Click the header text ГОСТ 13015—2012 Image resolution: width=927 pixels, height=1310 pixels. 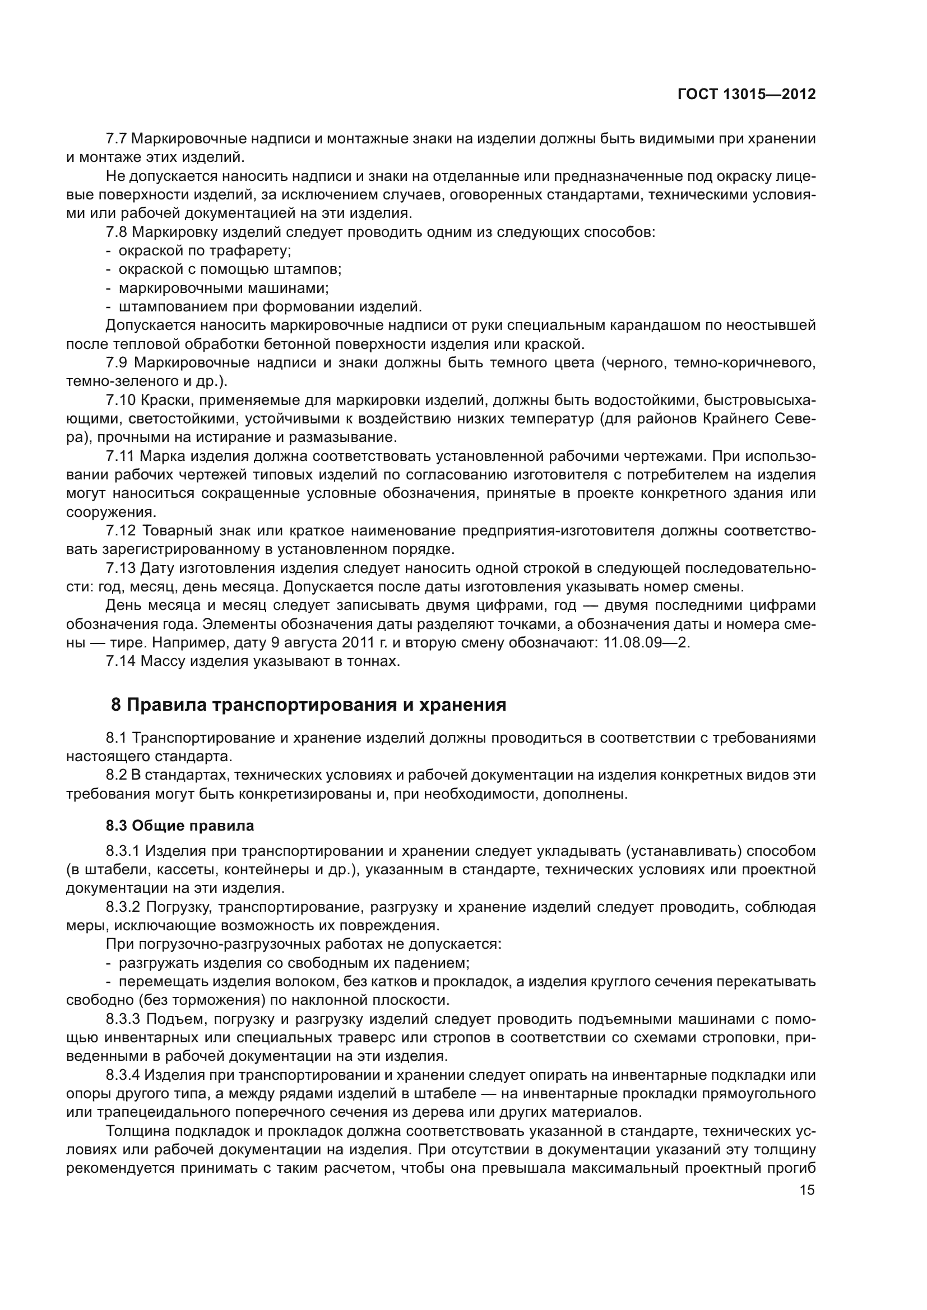tap(746, 95)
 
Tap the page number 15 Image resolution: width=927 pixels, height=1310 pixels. tap(807, 1190)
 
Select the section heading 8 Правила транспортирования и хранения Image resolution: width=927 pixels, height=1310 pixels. tap(309, 705)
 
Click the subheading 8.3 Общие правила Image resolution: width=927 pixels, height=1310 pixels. tap(180, 826)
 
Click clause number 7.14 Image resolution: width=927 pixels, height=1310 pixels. tap(121, 662)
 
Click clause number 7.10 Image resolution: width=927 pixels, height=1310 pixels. tap(121, 400)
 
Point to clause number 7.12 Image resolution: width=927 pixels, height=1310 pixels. tap(121, 531)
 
